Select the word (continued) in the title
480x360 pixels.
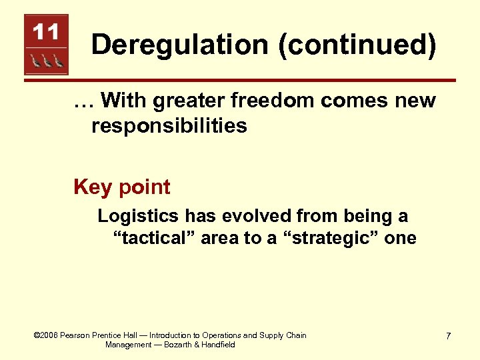tap(352, 45)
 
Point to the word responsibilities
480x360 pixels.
tap(169, 126)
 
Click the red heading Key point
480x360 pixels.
tap(122, 187)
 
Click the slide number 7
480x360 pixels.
tap(448, 336)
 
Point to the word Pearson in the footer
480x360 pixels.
tap(75, 335)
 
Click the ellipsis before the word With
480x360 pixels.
tap(84, 102)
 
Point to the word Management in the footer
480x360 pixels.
tap(129, 345)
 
